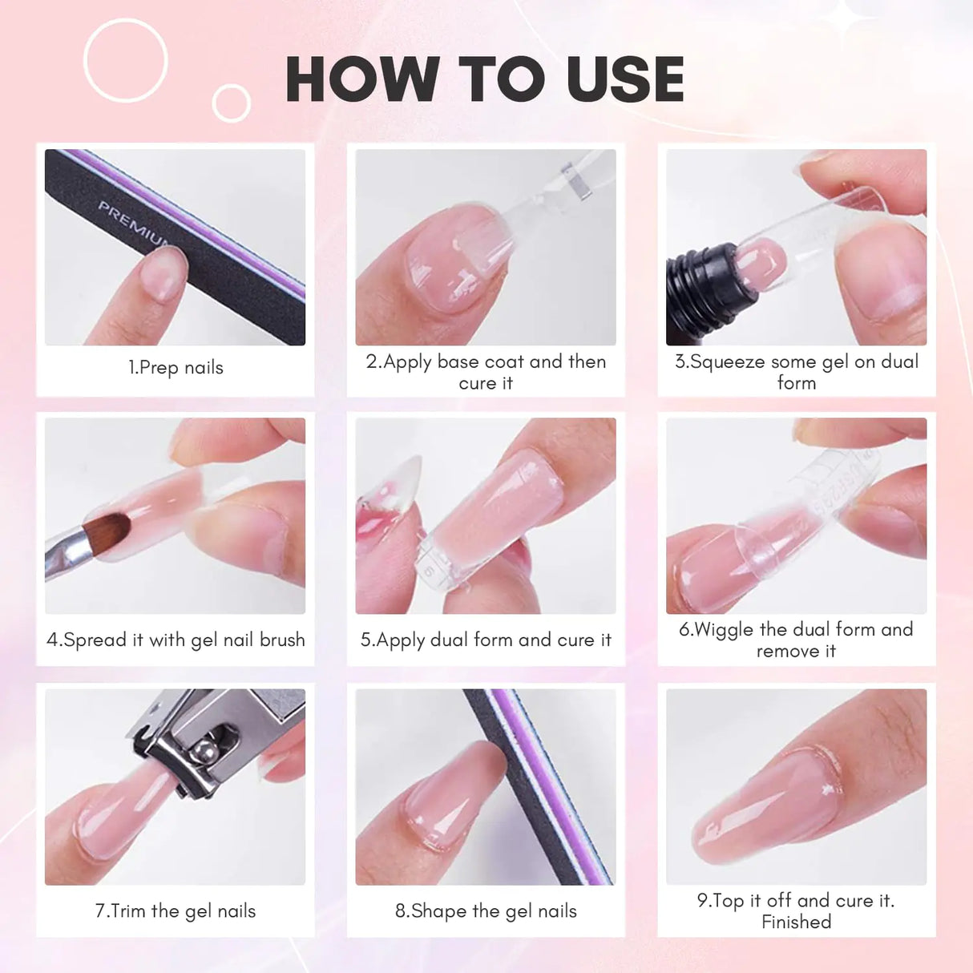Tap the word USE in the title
pyautogui.click(x=624, y=79)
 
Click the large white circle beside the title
pyautogui.click(x=125, y=60)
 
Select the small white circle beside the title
pyautogui.click(x=231, y=103)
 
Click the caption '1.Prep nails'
pyautogui.click(x=176, y=368)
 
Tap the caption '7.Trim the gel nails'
pyautogui.click(x=176, y=911)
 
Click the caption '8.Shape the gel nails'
pyautogui.click(x=486, y=911)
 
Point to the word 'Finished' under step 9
pyautogui.click(x=796, y=923)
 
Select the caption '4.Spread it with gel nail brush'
pyautogui.click(x=176, y=640)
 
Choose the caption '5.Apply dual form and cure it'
pyautogui.click(x=486, y=640)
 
